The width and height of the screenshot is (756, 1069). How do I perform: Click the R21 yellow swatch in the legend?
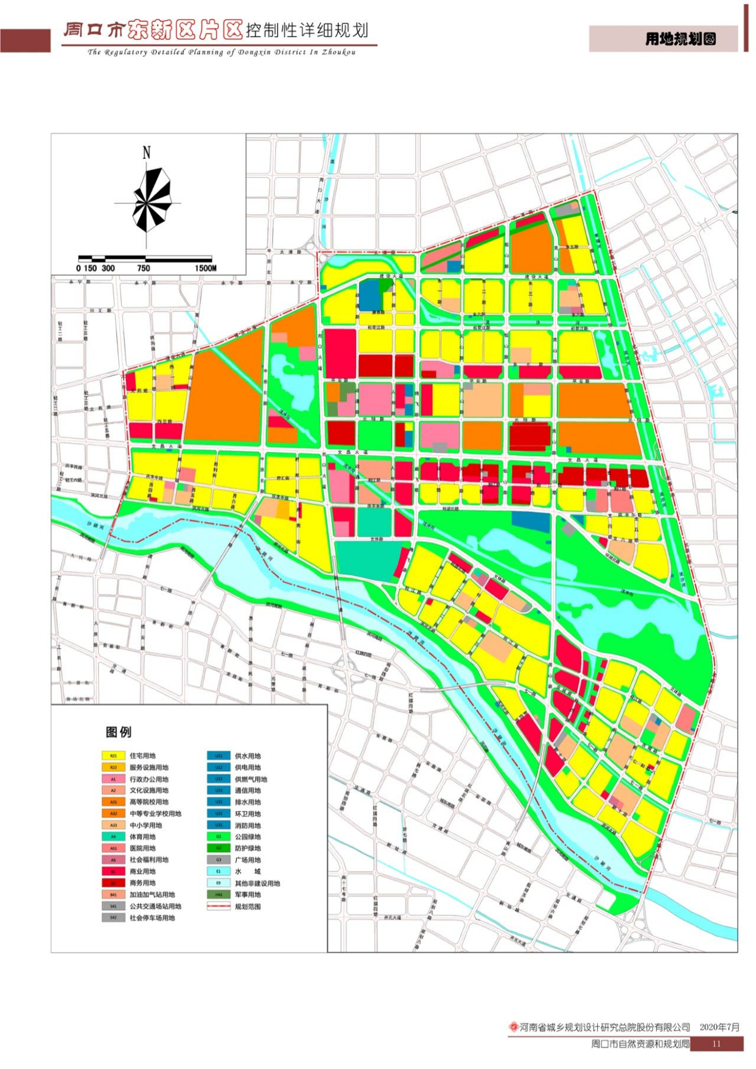click(113, 755)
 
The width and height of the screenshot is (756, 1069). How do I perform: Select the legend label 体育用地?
click(142, 836)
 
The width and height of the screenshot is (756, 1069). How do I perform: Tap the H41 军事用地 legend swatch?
click(219, 894)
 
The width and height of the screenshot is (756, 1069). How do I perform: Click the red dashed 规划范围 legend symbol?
click(219, 906)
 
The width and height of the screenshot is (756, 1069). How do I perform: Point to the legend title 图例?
click(119, 732)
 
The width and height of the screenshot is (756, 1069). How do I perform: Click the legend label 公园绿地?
click(248, 836)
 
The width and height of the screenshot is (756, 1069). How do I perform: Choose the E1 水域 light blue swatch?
click(219, 871)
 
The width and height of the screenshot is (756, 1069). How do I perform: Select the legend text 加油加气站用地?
click(152, 894)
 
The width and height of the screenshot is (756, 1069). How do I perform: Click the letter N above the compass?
click(146, 153)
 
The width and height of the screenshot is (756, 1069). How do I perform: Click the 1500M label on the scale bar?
click(206, 268)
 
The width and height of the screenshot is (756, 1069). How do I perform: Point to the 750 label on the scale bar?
click(144, 268)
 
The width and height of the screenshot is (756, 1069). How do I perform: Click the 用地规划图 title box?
click(680, 39)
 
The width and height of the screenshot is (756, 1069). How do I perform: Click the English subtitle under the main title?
click(222, 52)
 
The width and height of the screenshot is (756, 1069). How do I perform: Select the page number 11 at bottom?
click(716, 1043)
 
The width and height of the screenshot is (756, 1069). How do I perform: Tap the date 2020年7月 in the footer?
click(719, 1027)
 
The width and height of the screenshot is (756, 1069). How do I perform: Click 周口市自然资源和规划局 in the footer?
click(640, 1043)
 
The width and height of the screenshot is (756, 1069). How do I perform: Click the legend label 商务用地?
click(142, 883)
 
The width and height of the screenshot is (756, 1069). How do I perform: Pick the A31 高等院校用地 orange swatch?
click(113, 802)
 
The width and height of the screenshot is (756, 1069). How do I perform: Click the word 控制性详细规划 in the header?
click(307, 30)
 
